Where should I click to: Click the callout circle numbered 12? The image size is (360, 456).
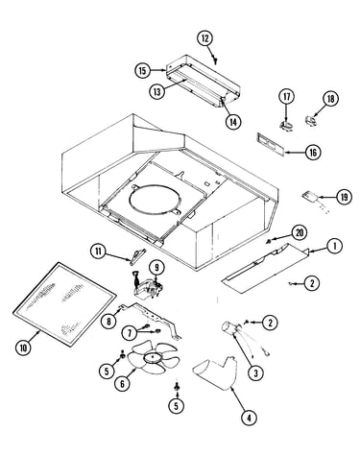[204, 38]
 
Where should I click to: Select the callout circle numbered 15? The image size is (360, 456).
[142, 70]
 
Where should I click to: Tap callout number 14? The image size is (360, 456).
[233, 121]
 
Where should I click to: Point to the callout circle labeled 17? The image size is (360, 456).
[286, 97]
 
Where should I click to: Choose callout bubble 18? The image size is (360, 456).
[330, 99]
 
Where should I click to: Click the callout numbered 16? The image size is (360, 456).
[313, 153]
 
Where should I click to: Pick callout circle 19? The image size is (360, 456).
[344, 197]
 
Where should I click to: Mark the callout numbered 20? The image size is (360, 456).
[300, 233]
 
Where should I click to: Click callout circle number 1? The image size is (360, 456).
[335, 246]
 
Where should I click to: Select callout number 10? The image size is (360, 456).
[24, 348]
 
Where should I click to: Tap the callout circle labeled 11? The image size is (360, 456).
[98, 252]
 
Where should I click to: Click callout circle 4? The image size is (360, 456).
[249, 418]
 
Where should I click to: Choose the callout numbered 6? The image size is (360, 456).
[122, 383]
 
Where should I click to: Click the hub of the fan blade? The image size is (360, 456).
[153, 358]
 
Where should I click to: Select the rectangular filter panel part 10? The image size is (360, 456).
[64, 304]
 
